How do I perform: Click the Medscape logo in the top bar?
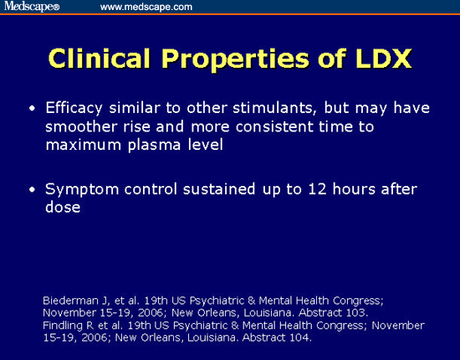click(31, 7)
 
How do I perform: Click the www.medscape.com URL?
click(146, 7)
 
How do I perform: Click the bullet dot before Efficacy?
click(32, 110)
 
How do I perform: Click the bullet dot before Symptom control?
click(32, 189)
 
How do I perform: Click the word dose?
click(63, 206)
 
